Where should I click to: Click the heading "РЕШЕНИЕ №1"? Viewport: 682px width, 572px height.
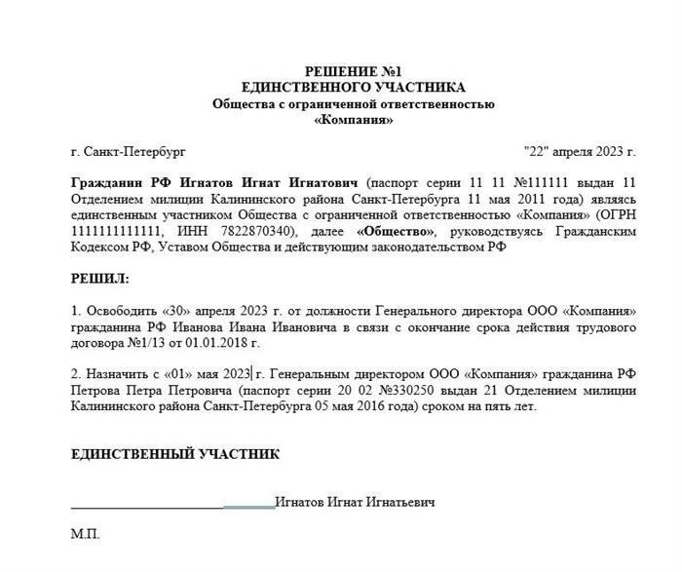tap(353, 71)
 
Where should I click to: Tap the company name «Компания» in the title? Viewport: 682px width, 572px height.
tap(354, 120)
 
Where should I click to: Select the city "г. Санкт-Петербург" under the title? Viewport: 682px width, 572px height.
tap(128, 152)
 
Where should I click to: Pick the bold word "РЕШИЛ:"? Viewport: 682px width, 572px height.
tap(99, 279)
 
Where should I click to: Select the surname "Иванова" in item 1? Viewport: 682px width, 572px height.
tap(172, 326)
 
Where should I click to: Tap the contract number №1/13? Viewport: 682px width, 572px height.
tap(136, 343)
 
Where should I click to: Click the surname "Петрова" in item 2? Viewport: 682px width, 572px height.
tap(95, 391)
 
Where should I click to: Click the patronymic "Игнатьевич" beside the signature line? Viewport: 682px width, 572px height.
tap(400, 502)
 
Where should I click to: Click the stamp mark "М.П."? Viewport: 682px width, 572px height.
tap(85, 534)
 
